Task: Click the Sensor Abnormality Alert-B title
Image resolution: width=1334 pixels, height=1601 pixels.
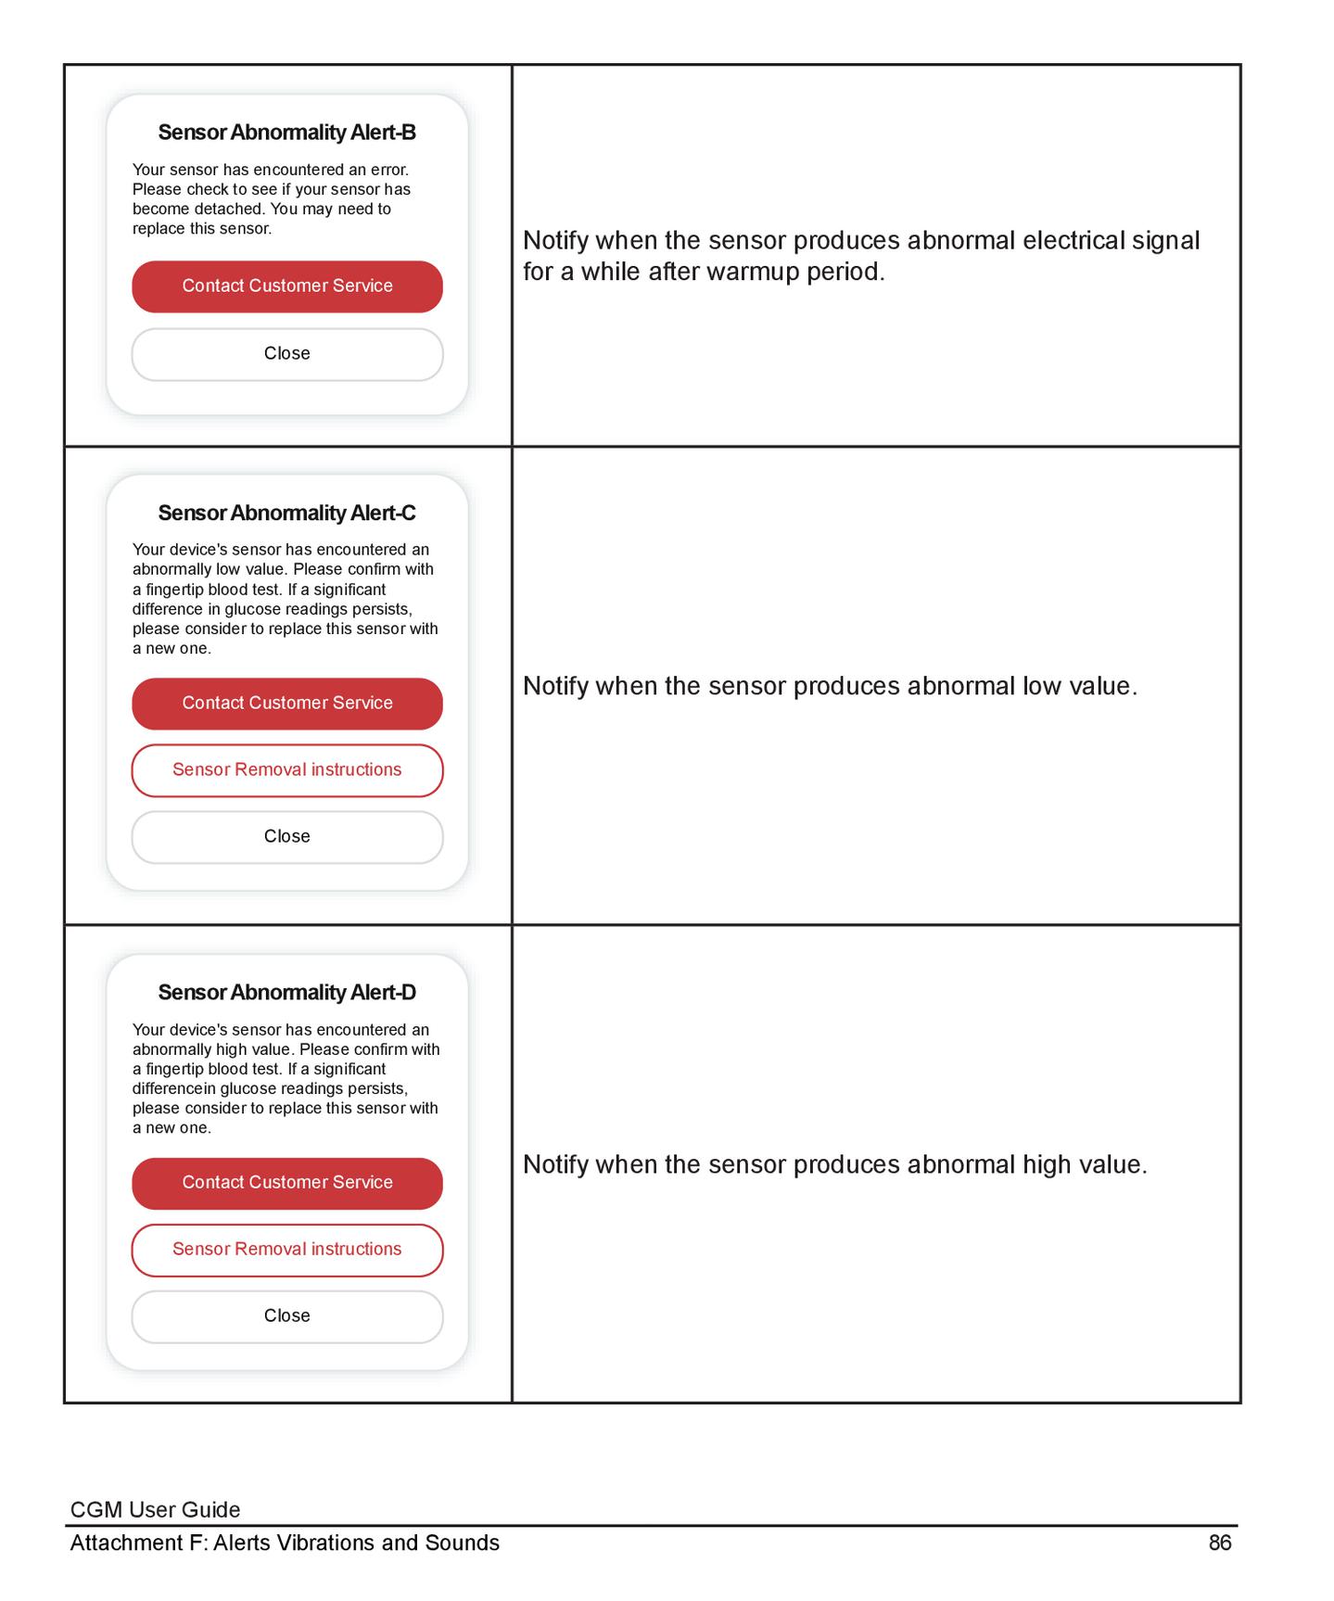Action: point(286,133)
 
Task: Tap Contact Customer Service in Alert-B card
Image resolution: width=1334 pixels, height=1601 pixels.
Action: point(286,286)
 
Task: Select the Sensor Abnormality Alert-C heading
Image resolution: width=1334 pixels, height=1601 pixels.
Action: point(286,513)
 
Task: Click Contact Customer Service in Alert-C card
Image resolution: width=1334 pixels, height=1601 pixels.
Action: point(286,704)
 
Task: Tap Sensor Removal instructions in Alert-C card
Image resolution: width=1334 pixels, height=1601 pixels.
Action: point(286,770)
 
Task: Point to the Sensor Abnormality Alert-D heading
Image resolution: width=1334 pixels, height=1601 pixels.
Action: point(286,992)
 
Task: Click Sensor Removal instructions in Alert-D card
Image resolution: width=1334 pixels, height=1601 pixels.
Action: point(286,1250)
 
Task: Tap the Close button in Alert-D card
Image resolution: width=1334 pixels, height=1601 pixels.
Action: point(286,1316)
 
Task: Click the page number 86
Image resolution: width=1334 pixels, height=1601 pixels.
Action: point(1219,1543)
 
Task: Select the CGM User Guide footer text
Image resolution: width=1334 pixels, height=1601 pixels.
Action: point(155,1510)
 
